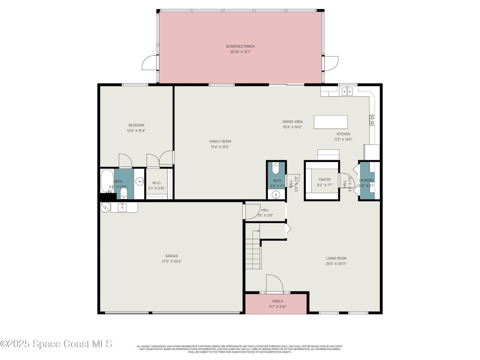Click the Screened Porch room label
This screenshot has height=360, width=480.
pyautogui.click(x=240, y=46)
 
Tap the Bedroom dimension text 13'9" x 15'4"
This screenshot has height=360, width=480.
pyautogui.click(x=136, y=131)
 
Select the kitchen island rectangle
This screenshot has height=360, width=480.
pyautogui.click(x=331, y=122)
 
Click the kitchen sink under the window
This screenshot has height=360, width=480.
pyautogui.click(x=348, y=91)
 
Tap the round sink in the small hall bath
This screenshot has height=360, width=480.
pyautogui.click(x=276, y=195)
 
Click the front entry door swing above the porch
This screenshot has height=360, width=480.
pyautogui.click(x=274, y=283)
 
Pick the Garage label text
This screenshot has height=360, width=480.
pyautogui.click(x=172, y=256)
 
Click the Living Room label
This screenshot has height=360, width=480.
pyautogui.click(x=336, y=258)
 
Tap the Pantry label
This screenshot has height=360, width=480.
pyautogui.click(x=325, y=180)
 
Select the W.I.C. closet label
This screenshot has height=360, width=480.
pyautogui.click(x=156, y=183)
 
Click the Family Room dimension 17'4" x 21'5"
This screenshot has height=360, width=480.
pyautogui.click(x=220, y=147)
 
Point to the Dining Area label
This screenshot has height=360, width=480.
pyautogui.click(x=292, y=121)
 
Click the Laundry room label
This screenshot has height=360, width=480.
pyautogui.click(x=366, y=180)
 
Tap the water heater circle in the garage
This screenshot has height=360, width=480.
pyautogui.click(x=105, y=207)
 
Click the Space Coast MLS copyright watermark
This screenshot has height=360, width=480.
pyautogui.click(x=56, y=343)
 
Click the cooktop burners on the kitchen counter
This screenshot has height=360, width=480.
pyautogui.click(x=372, y=120)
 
